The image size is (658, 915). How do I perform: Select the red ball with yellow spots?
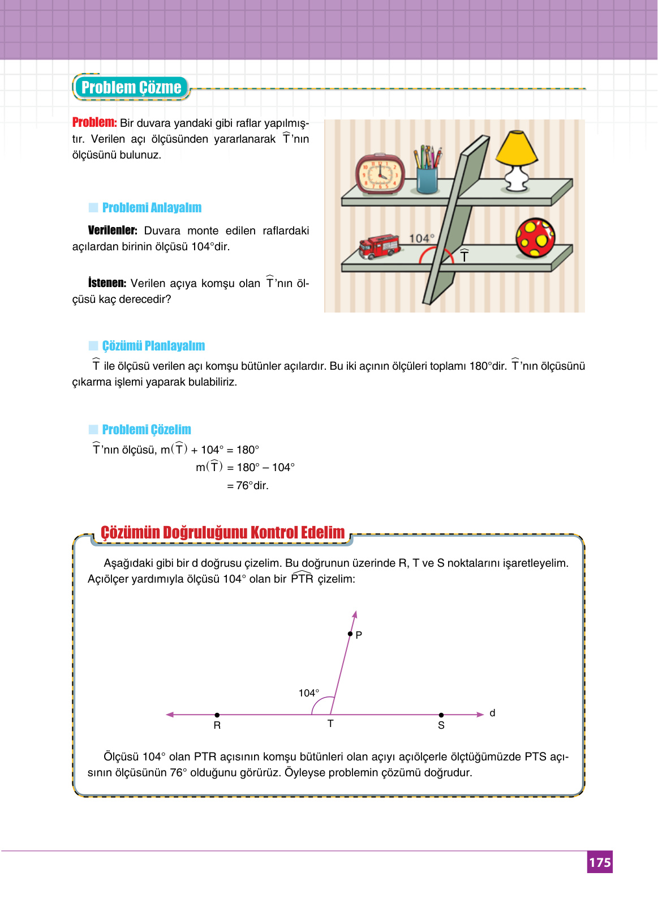point(535,238)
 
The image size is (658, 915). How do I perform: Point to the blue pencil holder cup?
point(427,179)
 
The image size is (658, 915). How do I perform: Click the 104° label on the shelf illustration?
point(422,238)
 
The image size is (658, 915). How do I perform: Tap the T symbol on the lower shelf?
point(464,256)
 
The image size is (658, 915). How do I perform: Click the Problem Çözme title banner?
point(131,88)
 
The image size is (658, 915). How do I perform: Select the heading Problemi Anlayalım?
point(152,208)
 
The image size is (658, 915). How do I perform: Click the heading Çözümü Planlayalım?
point(153,346)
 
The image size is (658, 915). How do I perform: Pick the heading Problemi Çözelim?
point(147,430)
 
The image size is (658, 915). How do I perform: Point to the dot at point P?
point(350,634)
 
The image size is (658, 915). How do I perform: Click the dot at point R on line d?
point(217,715)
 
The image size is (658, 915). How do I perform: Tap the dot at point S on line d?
point(441,715)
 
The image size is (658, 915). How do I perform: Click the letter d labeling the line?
point(492,713)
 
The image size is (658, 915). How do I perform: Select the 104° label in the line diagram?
point(309,693)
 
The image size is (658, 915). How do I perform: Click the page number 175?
point(600,862)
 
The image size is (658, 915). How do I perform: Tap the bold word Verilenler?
point(113,230)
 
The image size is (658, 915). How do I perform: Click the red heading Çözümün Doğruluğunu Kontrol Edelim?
point(222,533)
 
